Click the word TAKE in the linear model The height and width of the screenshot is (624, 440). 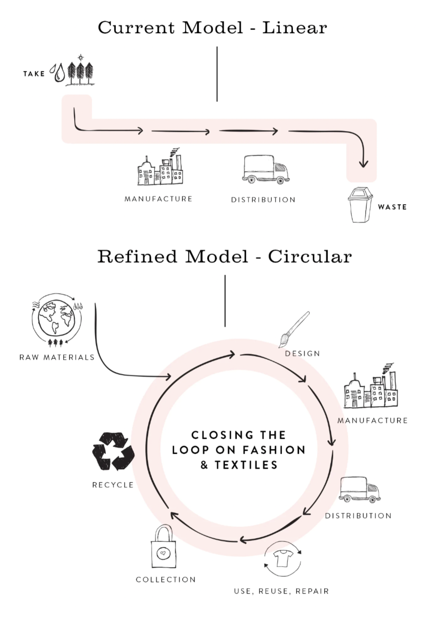point(34,74)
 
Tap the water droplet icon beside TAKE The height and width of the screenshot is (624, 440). point(58,73)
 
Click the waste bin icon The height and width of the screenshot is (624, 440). point(360,205)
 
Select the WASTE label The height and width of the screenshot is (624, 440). point(392,207)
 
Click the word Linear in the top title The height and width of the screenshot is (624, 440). point(295,28)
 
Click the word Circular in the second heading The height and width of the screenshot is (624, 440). point(310,257)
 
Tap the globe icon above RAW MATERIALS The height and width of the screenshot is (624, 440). point(57,318)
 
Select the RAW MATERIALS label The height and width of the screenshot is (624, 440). point(57,358)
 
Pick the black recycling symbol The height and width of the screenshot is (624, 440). point(113,451)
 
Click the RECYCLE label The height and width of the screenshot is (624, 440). point(113,485)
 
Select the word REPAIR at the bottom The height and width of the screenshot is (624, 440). point(312,591)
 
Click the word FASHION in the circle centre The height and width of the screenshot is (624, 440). point(274,450)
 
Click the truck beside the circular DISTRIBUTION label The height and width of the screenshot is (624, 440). point(359,490)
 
